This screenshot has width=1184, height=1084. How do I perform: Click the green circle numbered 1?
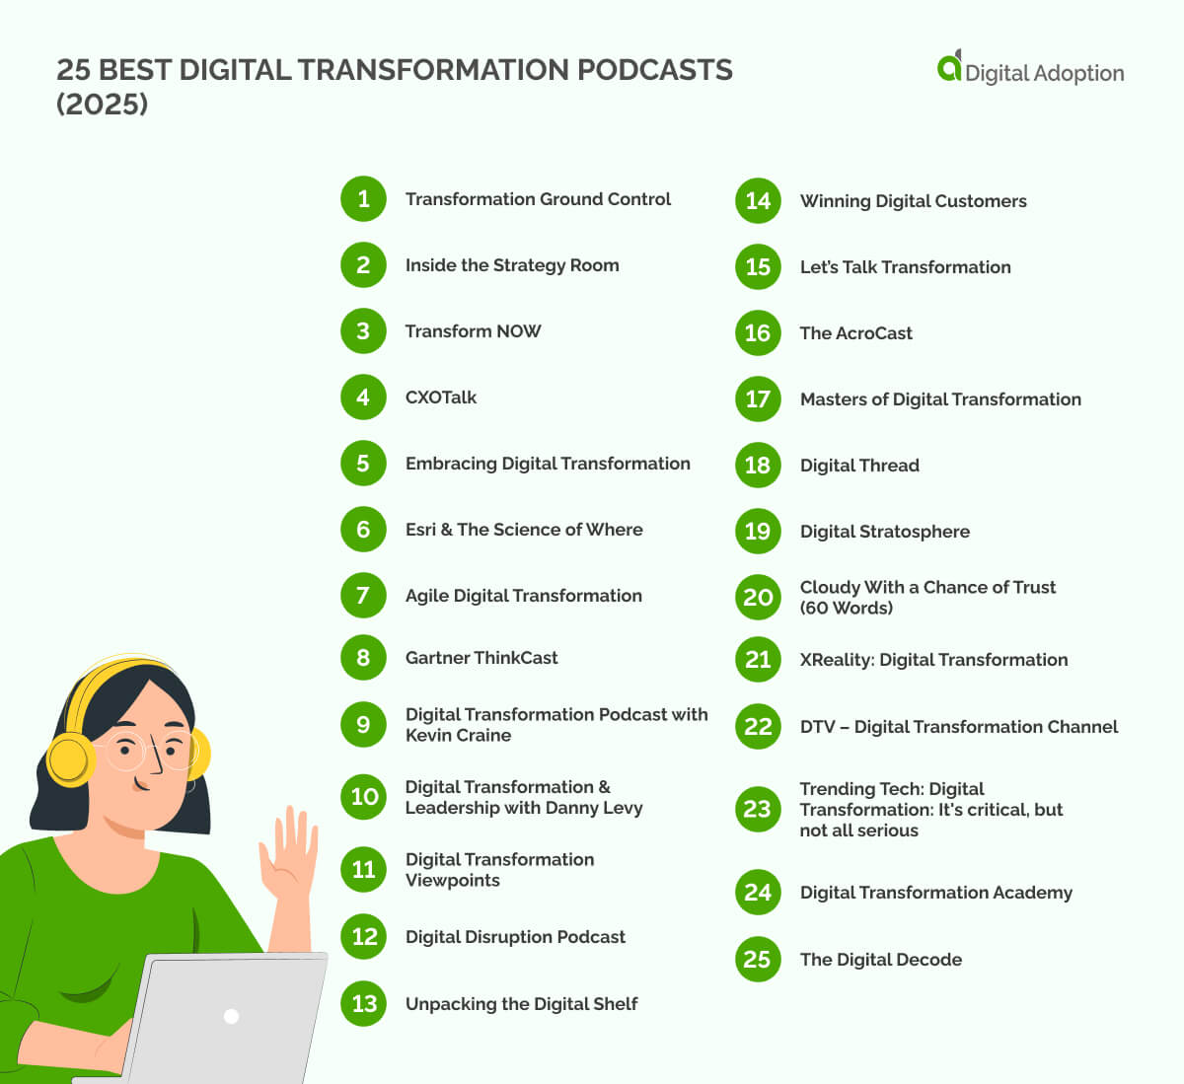(x=363, y=199)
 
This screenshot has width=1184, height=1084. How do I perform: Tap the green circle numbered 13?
(x=363, y=1004)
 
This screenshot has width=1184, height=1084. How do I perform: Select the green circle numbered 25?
(x=758, y=960)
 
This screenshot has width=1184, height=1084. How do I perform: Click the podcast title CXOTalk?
(x=440, y=397)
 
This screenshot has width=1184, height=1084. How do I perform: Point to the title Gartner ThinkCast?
(x=481, y=658)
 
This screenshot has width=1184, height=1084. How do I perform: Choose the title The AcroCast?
(x=855, y=333)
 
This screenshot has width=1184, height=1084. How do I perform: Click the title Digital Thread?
(x=859, y=466)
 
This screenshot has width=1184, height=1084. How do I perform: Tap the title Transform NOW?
(x=473, y=331)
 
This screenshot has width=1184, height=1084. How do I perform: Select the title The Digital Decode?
(x=880, y=960)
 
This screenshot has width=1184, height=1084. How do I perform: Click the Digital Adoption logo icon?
(x=949, y=67)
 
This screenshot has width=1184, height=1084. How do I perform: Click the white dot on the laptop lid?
(x=232, y=1016)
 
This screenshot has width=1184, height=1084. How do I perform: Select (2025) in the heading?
(x=103, y=104)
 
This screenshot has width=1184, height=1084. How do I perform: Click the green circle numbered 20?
(x=758, y=598)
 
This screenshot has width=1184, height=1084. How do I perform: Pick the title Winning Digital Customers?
(x=913, y=201)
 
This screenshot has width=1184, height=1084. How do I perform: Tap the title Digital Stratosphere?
(x=884, y=532)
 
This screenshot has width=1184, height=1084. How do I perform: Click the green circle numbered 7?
(x=363, y=596)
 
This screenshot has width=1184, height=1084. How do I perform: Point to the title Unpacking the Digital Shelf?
(x=521, y=1004)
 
